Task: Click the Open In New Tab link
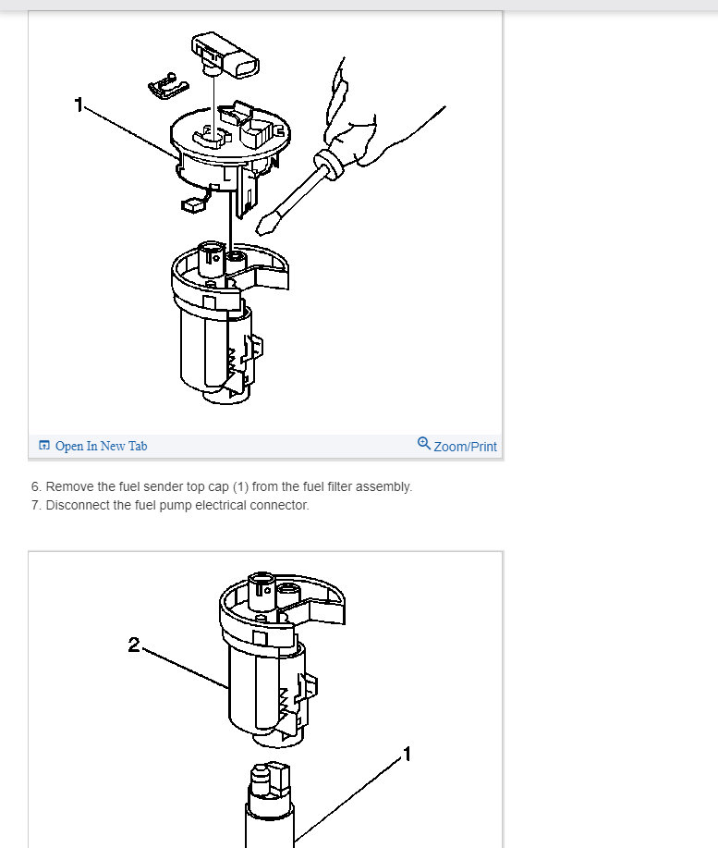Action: pos(101,446)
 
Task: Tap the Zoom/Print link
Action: pos(465,446)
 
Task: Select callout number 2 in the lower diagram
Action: pos(134,645)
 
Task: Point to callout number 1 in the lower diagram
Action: pos(407,755)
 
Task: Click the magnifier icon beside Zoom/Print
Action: pos(423,444)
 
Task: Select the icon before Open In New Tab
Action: pos(43,446)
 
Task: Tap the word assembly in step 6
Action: pos(383,486)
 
